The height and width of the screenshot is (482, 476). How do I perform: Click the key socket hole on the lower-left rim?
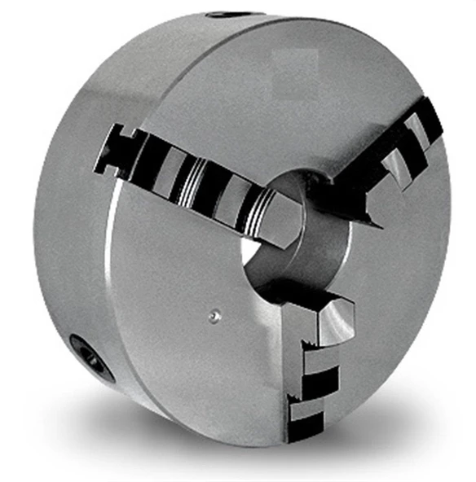click(x=91, y=356)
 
